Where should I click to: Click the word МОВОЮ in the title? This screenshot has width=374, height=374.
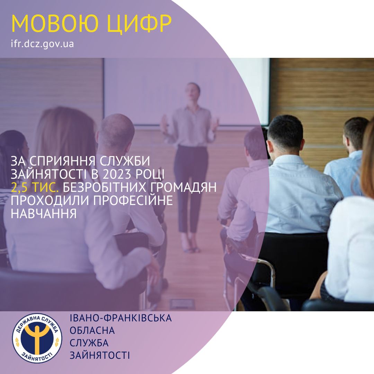coord(55,24)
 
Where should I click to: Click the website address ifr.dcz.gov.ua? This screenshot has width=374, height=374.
coord(42,44)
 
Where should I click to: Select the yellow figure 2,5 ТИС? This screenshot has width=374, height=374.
coord(35,188)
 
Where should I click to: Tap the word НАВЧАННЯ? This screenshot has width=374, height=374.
coord(44,213)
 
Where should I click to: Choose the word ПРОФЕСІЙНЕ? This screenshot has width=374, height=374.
coord(133,201)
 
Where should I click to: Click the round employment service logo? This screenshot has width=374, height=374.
coord(37,338)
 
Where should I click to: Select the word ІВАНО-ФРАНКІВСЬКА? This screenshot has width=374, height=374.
coord(121,318)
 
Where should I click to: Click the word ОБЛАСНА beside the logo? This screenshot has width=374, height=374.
coord(92,331)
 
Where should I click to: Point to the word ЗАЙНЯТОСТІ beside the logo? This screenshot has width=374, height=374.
coord(100,355)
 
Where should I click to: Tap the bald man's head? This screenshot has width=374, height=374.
coord(117,132)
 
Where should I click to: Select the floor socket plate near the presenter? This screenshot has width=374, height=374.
coord(182,304)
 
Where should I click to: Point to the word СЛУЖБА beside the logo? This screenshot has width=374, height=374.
coord(89,343)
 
